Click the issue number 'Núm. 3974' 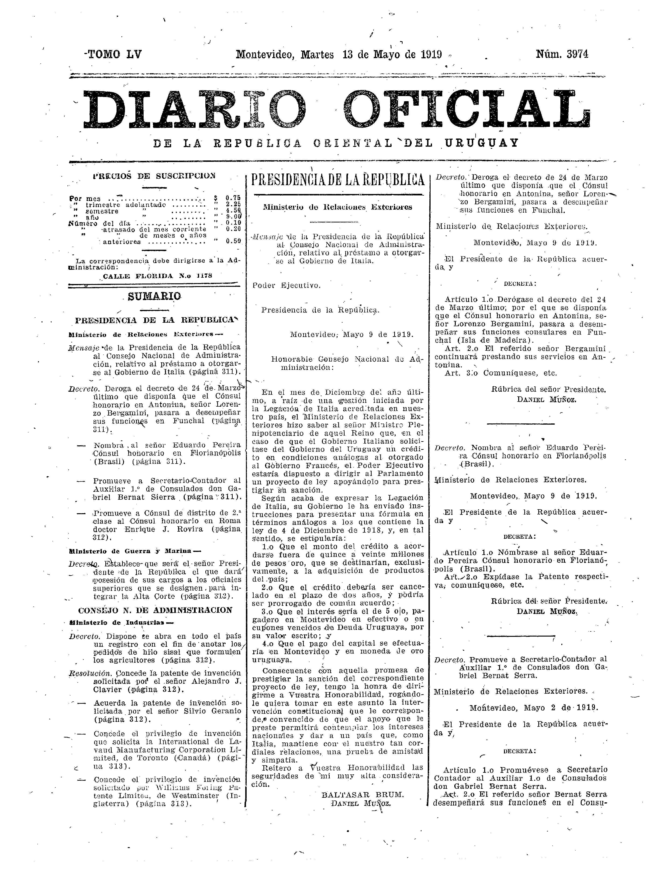click(x=562, y=54)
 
